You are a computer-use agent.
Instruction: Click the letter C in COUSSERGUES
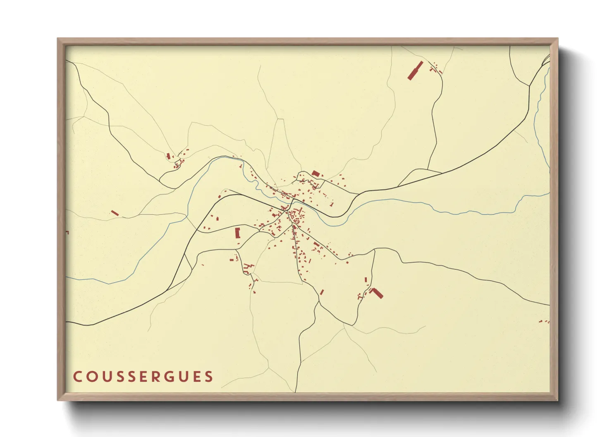pyautogui.click(x=77, y=376)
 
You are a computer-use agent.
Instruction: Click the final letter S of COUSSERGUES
pyautogui.click(x=209, y=376)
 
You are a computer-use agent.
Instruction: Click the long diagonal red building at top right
pyautogui.click(x=415, y=71)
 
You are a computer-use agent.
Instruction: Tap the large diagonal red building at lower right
pyautogui.click(x=377, y=293)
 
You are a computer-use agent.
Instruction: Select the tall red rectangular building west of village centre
pyautogui.click(x=237, y=233)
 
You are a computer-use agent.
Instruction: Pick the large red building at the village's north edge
pyautogui.click(x=316, y=173)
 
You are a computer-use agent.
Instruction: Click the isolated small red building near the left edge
pyautogui.click(x=115, y=213)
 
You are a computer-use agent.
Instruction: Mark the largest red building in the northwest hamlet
pyautogui.click(x=168, y=156)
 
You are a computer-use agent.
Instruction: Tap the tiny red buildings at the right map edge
pyautogui.click(x=544, y=321)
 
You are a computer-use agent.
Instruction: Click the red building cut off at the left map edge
pyautogui.click(x=67, y=233)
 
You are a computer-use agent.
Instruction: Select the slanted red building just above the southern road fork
pyautogui.click(x=322, y=292)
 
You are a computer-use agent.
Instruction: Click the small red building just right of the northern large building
pyautogui.click(x=322, y=176)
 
